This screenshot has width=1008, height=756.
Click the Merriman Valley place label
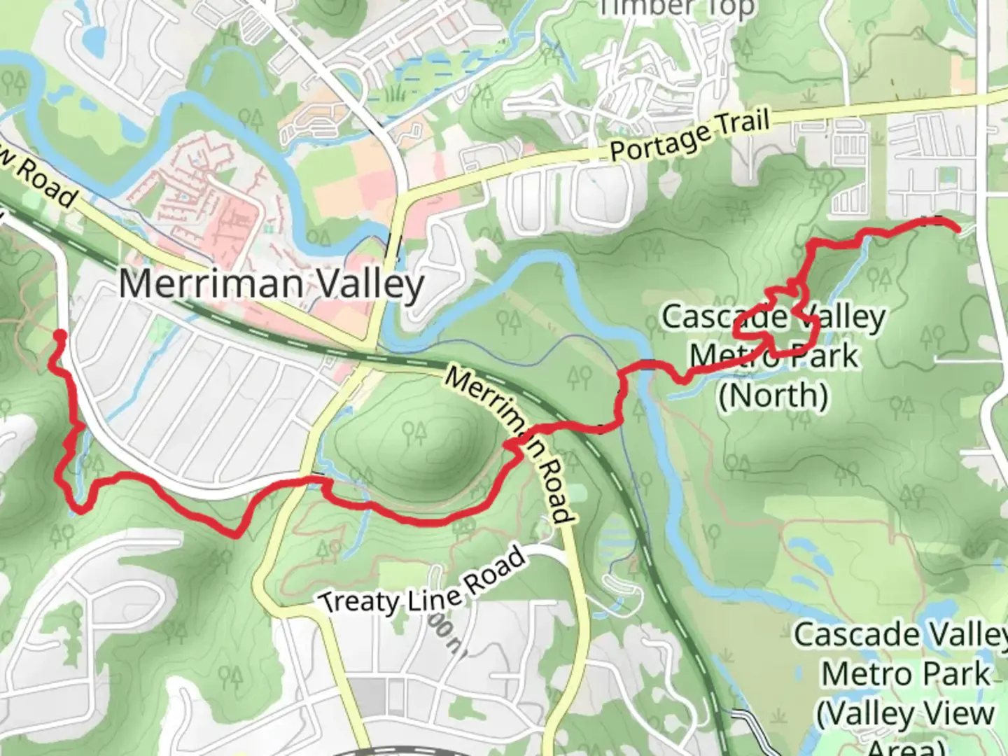[272, 285]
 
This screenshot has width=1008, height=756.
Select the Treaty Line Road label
[422, 582]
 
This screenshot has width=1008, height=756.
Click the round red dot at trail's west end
[60, 335]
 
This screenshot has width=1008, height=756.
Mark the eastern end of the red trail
[956, 227]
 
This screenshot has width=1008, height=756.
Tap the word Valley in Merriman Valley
[371, 285]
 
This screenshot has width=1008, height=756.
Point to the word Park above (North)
[821, 356]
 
